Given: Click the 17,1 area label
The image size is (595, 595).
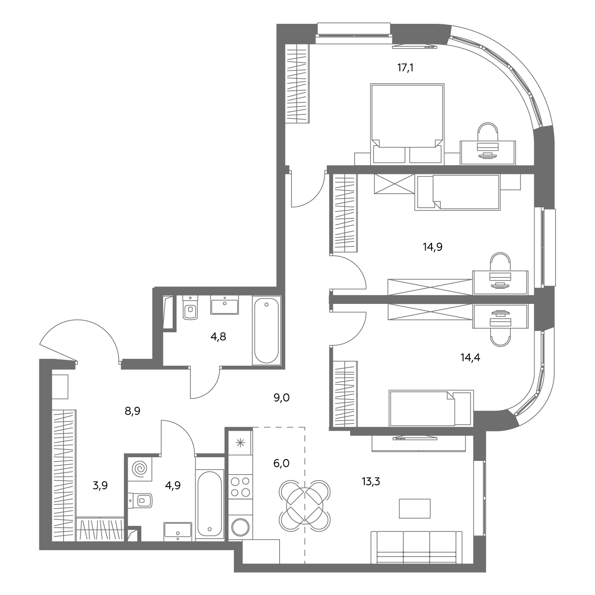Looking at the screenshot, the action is [405, 68].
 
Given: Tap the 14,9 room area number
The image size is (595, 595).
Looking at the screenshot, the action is [433, 247].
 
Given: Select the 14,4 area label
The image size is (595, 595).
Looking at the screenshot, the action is [470, 357].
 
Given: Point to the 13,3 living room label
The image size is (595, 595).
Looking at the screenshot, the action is [371, 481].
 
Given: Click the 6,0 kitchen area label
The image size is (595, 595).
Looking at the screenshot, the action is [281, 463].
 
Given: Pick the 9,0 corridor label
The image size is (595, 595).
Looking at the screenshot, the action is [281, 398].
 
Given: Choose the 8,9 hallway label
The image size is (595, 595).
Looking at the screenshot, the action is [132, 411].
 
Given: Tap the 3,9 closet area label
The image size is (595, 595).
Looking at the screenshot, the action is [100, 486].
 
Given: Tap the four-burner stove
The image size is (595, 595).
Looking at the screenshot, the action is [241, 487].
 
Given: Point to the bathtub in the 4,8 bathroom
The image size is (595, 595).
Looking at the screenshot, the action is [266, 330].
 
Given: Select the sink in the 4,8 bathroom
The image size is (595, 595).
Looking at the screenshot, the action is [224, 305].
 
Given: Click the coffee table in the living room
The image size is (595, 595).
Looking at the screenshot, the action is [415, 508].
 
